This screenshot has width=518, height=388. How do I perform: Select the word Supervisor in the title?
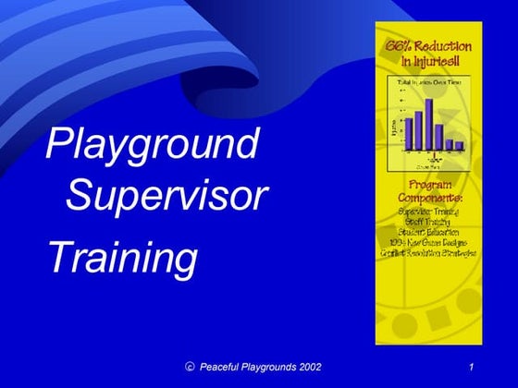[167, 195]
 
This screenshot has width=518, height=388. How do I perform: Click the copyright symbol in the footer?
[190, 367]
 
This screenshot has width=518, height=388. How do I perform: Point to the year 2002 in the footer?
[306, 367]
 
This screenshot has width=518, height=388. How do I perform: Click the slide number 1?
[472, 367]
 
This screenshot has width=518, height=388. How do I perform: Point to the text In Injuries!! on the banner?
[427, 62]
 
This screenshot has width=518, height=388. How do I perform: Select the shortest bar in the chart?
[459, 145]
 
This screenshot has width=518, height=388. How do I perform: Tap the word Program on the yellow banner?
[428, 185]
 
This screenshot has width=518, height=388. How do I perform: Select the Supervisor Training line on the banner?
[428, 212]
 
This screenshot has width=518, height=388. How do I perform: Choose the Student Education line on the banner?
[428, 232]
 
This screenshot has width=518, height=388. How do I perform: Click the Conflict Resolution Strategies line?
[428, 252]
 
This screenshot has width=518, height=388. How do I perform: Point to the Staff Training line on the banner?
[428, 222]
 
